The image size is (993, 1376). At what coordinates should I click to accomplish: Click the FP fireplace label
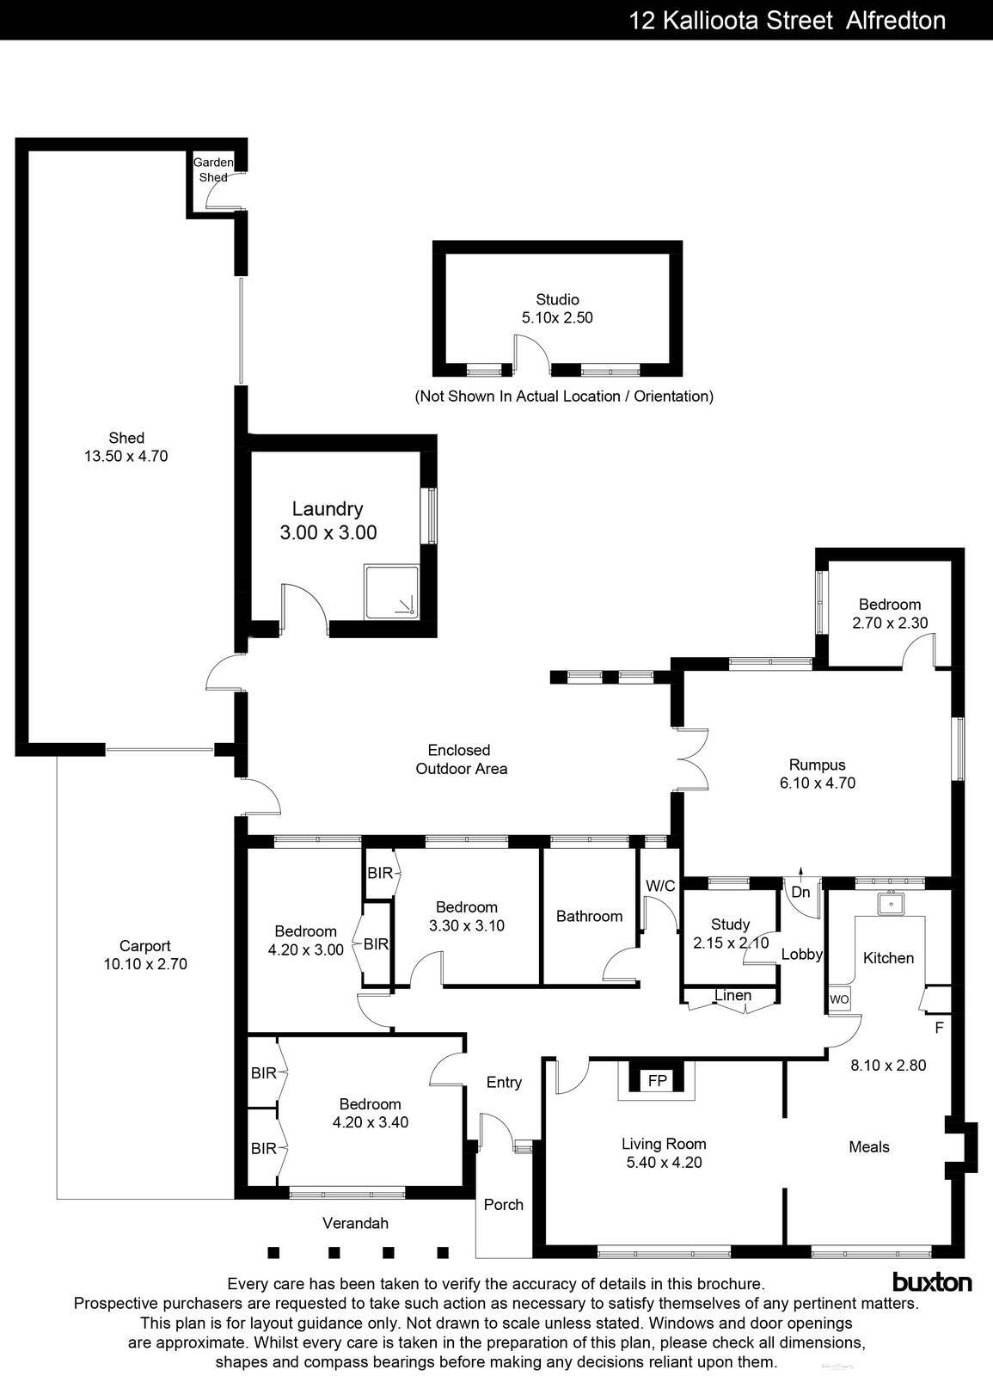point(657,1081)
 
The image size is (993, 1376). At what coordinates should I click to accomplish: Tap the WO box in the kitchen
point(839,999)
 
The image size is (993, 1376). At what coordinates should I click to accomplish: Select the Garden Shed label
point(212,169)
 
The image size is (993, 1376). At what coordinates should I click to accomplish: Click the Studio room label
point(557,300)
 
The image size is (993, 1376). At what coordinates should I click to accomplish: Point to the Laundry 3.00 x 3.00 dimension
point(328,532)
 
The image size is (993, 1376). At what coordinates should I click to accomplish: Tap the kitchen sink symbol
point(891,904)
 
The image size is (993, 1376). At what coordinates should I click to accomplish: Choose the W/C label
point(660,885)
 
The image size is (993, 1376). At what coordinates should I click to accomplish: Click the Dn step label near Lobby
point(800,893)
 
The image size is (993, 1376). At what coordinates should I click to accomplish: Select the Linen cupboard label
point(732,995)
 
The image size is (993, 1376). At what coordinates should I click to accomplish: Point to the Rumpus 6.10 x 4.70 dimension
point(817,783)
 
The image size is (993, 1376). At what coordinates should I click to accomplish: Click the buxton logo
point(932,1282)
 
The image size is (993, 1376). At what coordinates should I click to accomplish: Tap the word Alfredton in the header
point(896,20)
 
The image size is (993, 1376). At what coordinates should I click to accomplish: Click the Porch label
point(503,1204)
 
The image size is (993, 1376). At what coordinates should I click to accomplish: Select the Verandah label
point(355,1223)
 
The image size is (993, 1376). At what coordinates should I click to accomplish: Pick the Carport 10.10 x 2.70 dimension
point(145,964)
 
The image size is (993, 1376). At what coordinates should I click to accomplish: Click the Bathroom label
point(589,916)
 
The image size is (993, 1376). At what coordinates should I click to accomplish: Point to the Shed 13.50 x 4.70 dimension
point(126,456)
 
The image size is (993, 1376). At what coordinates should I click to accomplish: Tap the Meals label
point(868,1146)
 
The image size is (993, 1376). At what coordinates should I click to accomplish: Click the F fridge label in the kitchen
point(939,1027)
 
